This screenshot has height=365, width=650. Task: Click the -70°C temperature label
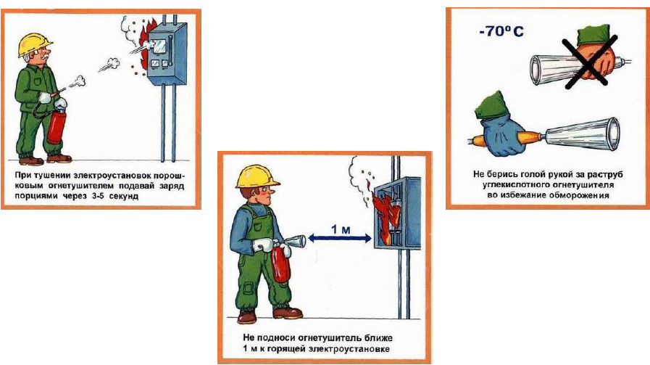point(501,31)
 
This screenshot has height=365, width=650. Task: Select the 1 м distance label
point(341,229)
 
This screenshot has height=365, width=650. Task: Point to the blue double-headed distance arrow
point(340,238)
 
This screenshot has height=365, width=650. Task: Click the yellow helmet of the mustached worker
point(34,44)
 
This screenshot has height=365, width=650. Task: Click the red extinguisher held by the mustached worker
point(57,125)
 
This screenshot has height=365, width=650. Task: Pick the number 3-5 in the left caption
point(96,196)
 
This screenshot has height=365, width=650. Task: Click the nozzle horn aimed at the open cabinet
point(294,241)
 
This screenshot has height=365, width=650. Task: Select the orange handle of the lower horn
point(528,136)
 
